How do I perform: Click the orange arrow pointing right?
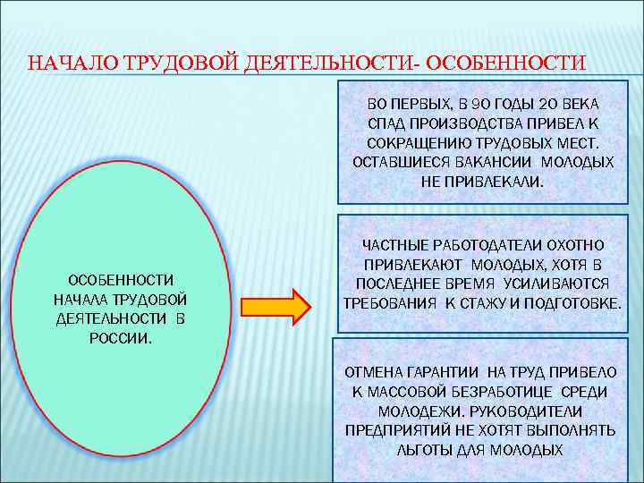point(276,306)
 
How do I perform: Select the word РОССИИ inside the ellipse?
point(121,338)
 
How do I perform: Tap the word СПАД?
point(386,124)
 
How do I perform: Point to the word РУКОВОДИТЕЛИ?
point(532,411)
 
